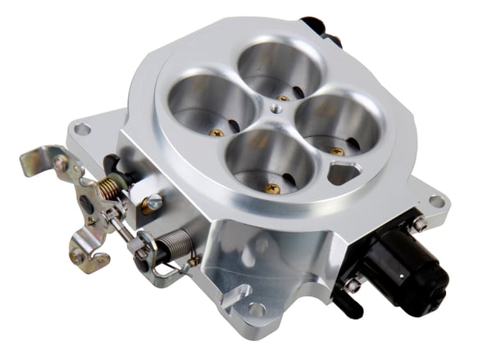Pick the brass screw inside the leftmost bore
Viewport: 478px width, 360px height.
[x=217, y=132]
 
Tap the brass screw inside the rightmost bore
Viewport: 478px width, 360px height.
[x=336, y=151]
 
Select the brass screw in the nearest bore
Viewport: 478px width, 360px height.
[x=273, y=188]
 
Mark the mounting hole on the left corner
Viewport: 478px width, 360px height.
[x=81, y=129]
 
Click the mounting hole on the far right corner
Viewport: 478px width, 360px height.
[x=436, y=201]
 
